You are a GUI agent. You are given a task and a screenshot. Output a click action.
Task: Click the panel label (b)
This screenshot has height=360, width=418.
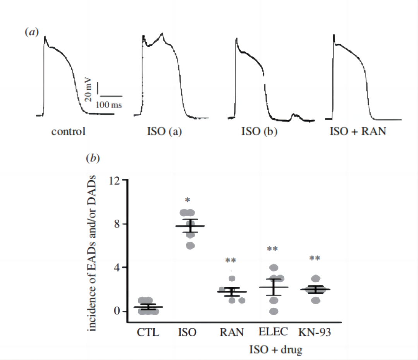click(x=93, y=159)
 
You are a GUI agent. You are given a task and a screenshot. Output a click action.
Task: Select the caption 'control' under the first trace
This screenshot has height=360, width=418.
click(x=68, y=131)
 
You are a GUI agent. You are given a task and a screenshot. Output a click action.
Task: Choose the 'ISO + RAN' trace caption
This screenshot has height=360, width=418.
click(x=358, y=131)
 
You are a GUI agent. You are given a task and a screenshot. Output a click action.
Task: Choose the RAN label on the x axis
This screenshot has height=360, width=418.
click(x=231, y=333)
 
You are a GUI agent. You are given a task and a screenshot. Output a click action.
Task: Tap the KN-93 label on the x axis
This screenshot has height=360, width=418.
click(x=315, y=333)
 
